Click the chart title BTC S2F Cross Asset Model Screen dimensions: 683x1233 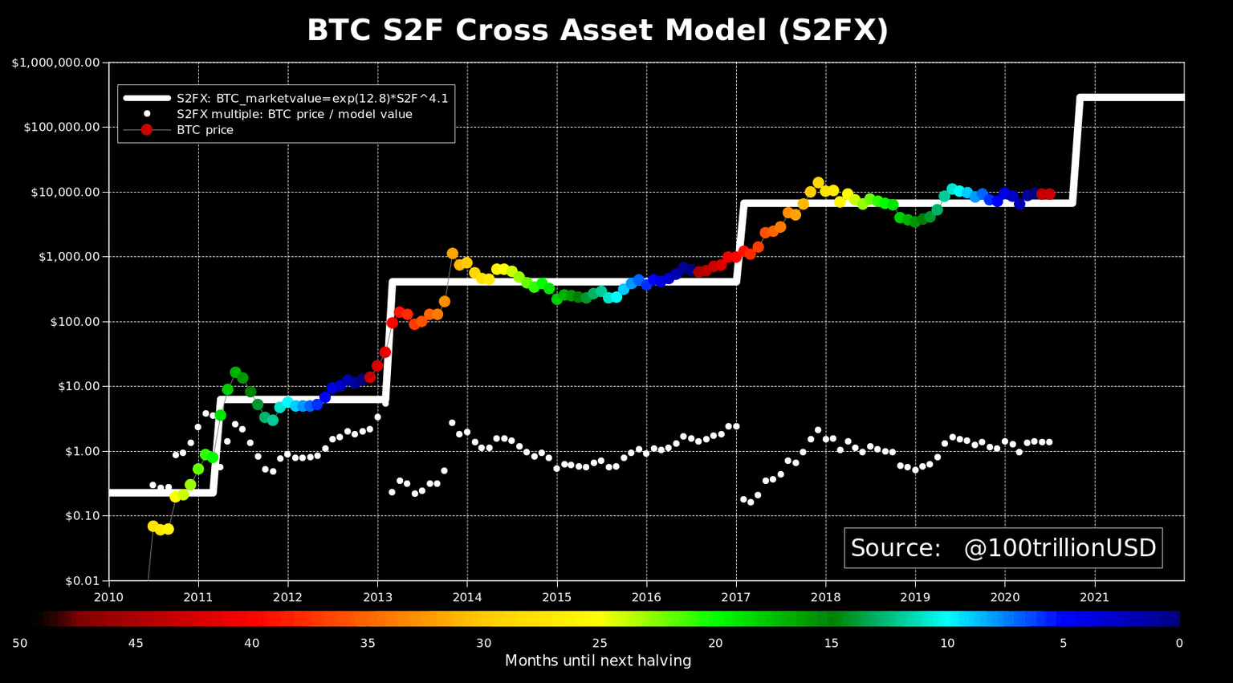coord(597,30)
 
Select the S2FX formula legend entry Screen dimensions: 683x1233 coord(312,99)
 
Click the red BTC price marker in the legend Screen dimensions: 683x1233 coord(147,130)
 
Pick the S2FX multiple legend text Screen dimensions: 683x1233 coord(294,114)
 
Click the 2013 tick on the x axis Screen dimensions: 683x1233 coord(377,597)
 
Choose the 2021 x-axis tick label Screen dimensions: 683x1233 coord(1094,597)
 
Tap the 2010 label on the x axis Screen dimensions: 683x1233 coord(108,597)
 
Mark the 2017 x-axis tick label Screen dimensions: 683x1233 coord(735,597)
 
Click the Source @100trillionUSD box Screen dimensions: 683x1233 coord(1003,548)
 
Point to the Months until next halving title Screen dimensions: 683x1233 coord(597,661)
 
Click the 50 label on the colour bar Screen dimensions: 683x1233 coord(19,643)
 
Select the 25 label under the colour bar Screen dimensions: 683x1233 coord(599,643)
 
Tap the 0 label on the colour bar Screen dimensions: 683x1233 coord(1178,643)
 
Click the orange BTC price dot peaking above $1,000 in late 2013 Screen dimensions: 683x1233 coord(452,254)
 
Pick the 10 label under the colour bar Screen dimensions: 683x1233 coord(947,643)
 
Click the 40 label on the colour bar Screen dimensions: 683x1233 coord(251,643)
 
